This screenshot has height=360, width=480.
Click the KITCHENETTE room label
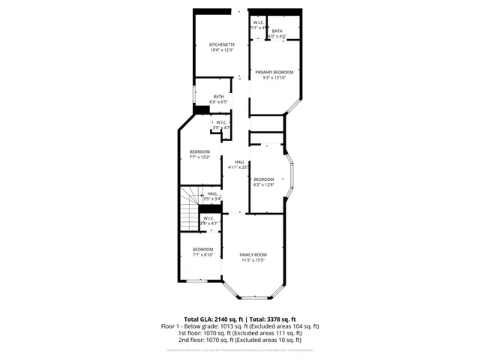click(x=222, y=45)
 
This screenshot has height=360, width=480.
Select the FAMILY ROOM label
click(x=252, y=254)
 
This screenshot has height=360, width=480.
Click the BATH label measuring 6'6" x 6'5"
click(x=218, y=96)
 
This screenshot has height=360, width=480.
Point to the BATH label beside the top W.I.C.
click(x=277, y=31)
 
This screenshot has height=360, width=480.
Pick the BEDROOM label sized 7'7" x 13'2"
click(x=199, y=152)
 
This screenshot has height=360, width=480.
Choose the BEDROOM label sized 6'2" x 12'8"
click(x=263, y=178)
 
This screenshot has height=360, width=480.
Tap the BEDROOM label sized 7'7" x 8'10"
click(x=202, y=249)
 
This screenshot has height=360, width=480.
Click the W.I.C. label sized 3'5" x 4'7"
click(x=222, y=122)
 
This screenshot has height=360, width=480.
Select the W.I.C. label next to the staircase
click(x=209, y=218)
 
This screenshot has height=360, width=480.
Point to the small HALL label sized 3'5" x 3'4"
click(x=212, y=193)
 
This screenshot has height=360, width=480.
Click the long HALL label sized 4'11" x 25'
click(x=239, y=162)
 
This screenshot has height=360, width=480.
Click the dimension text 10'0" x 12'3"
click(x=222, y=50)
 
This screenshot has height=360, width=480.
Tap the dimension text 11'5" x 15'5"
click(x=252, y=260)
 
